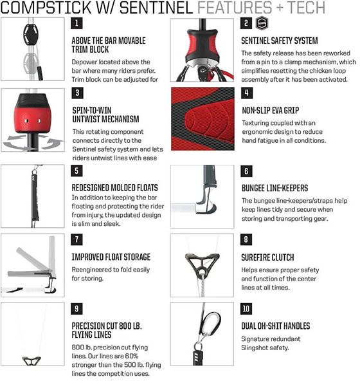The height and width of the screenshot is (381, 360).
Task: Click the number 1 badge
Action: [x=76, y=23]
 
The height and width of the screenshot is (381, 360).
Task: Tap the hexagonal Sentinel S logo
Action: [x=262, y=23]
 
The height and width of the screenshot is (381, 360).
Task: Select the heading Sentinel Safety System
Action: [x=280, y=41]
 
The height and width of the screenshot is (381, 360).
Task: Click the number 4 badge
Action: [x=247, y=93]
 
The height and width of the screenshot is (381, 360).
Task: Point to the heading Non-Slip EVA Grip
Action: [x=271, y=111]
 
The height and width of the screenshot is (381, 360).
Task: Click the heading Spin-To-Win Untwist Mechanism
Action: [x=105, y=115]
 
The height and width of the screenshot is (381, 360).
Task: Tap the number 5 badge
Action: [x=76, y=171]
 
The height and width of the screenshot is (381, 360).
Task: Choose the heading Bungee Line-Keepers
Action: [x=274, y=188]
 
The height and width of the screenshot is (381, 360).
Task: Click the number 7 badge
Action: [x=76, y=239]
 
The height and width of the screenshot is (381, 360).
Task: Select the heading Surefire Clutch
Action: [x=267, y=257]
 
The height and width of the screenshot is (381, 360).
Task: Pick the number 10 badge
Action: [x=246, y=309]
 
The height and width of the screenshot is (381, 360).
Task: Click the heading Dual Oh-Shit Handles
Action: [x=276, y=326]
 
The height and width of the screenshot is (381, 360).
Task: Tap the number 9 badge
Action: [x=76, y=309]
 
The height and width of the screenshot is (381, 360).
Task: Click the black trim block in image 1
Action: [x=31, y=35]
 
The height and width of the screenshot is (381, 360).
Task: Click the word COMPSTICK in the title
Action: [x=46, y=7]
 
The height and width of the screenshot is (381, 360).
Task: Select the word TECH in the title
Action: [x=306, y=7]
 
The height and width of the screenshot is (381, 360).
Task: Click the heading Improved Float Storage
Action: [x=111, y=257]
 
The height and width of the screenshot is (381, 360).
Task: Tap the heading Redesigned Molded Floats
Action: [x=114, y=188]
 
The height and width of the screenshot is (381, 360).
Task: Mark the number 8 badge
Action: [x=246, y=239]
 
